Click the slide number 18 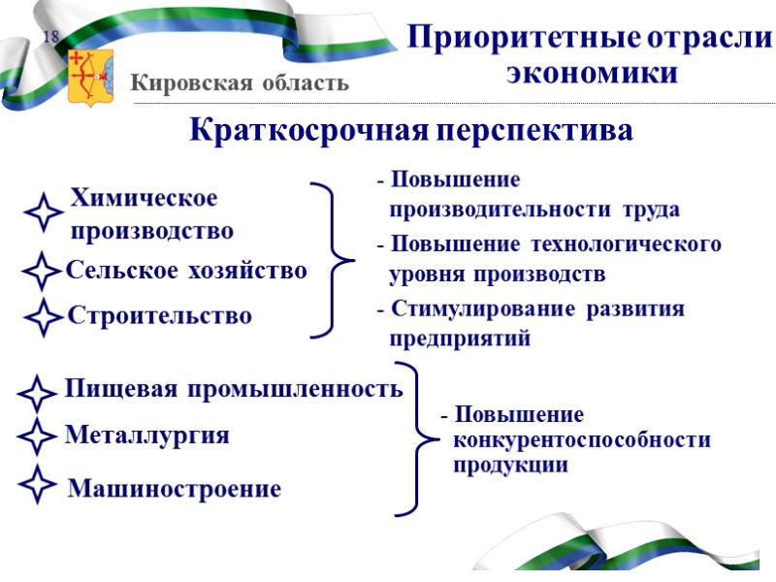pyautogui.click(x=50, y=38)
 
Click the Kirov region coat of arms pyautogui.click(x=91, y=78)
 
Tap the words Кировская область pyautogui.click(x=240, y=83)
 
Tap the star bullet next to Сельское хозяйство pyautogui.click(x=41, y=273)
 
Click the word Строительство pyautogui.click(x=159, y=316)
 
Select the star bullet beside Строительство pyautogui.click(x=41, y=318)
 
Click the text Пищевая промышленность pyautogui.click(x=233, y=390)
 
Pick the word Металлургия pyautogui.click(x=146, y=436)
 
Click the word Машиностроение pyautogui.click(x=175, y=490)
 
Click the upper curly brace pyautogui.click(x=334, y=260)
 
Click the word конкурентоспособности pyautogui.click(x=582, y=440)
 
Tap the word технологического pyautogui.click(x=640, y=244)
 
